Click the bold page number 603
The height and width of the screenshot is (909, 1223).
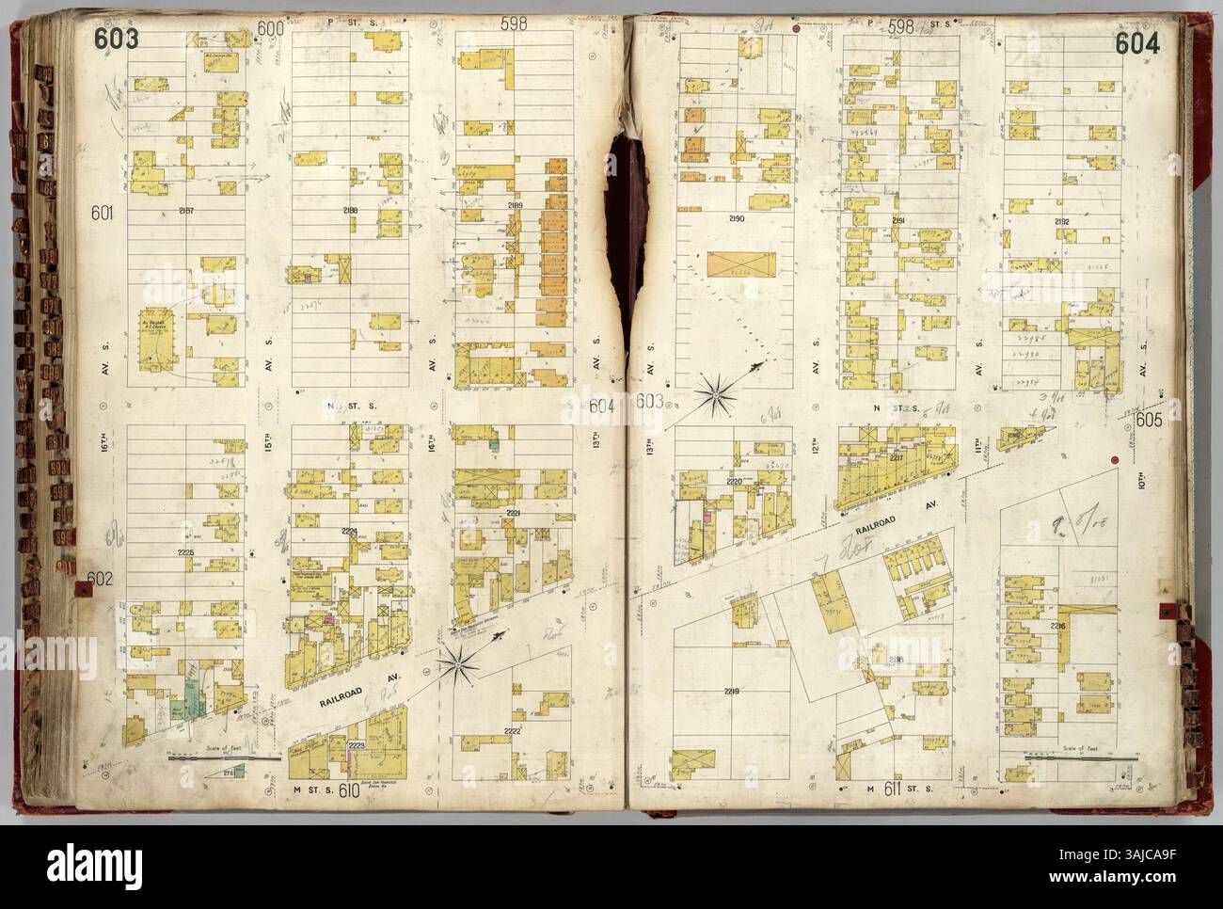[117, 40]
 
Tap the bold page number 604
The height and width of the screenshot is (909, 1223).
[1138, 43]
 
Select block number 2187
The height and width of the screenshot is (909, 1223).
[185, 210]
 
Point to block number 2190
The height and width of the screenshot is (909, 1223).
[735, 217]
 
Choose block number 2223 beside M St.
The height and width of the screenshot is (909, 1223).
[357, 745]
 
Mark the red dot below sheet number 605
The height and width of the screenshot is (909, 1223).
[1115, 460]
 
